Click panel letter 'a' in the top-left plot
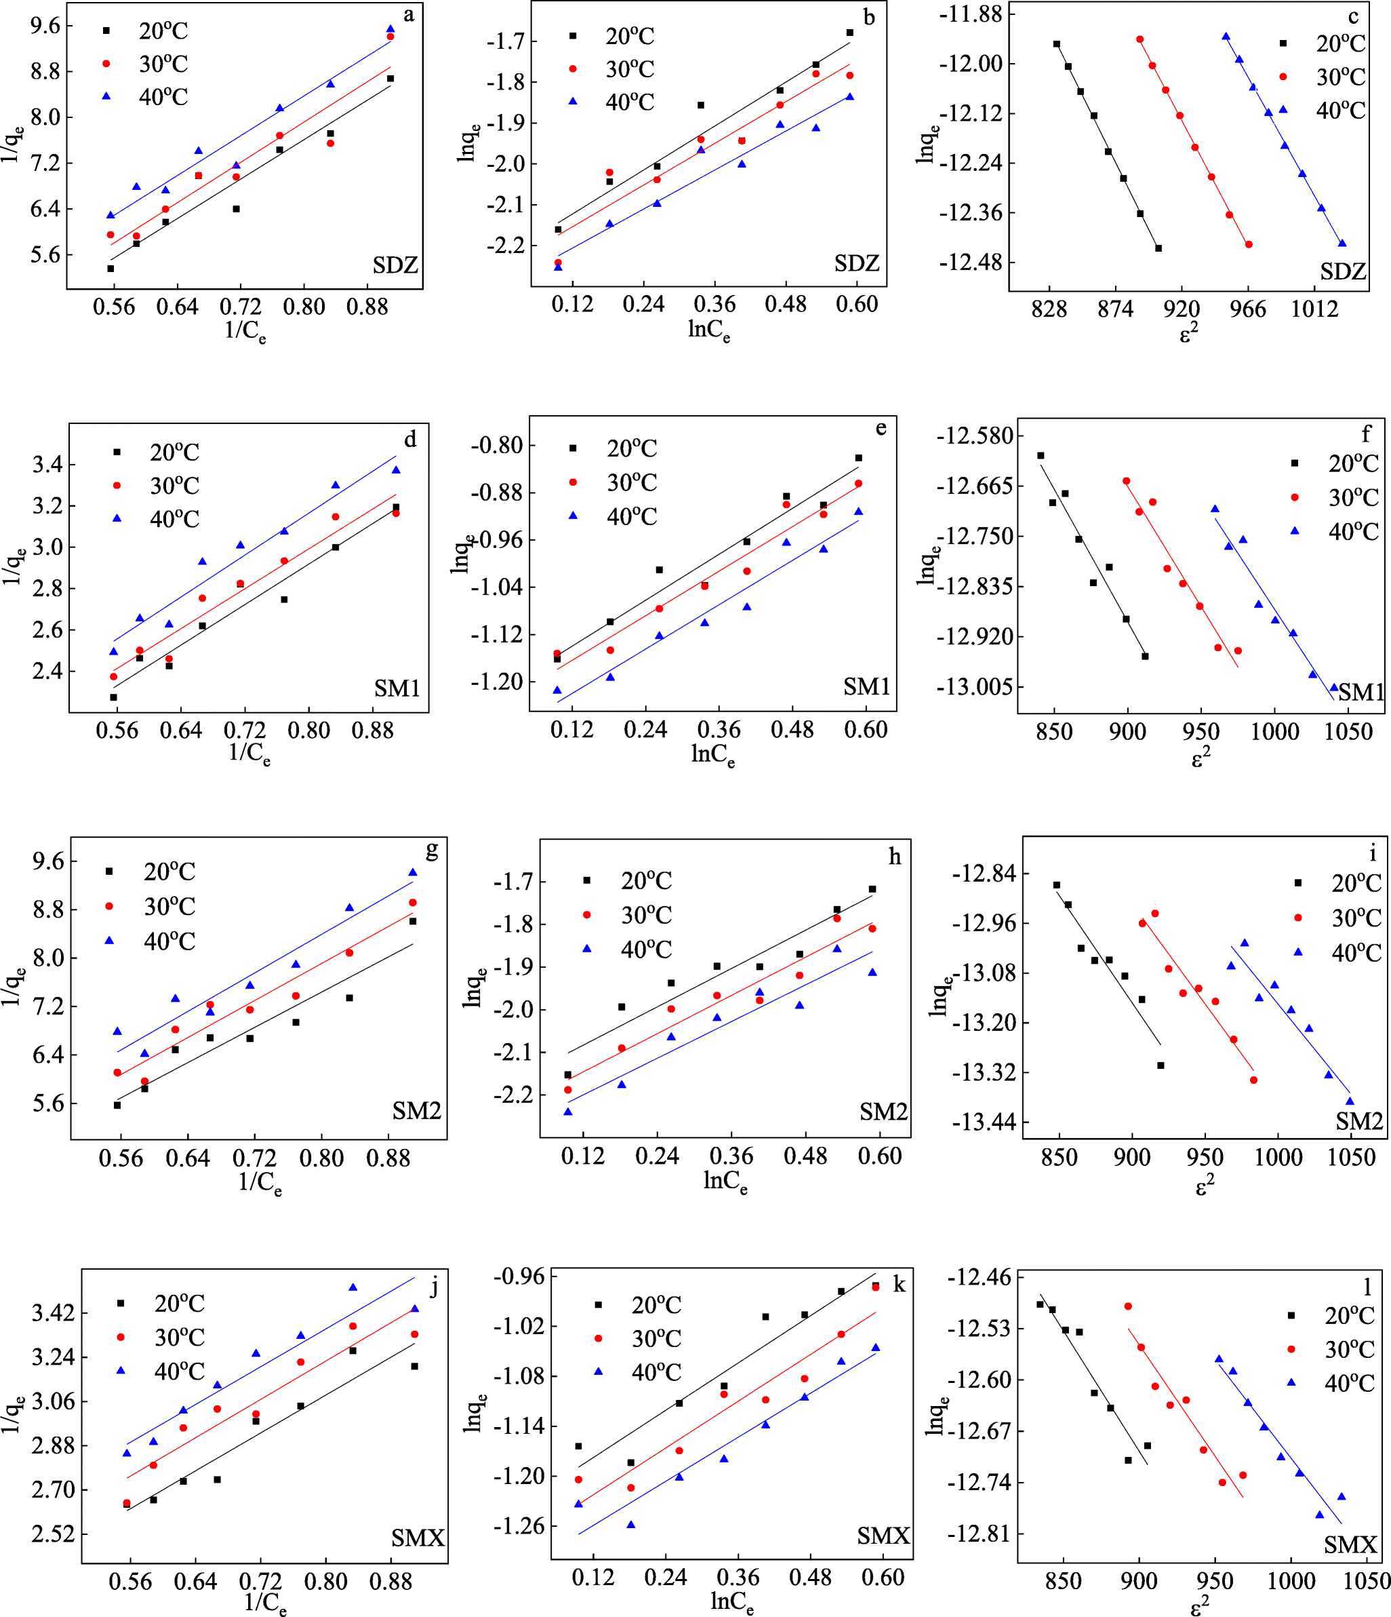(409, 15)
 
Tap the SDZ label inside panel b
(857, 264)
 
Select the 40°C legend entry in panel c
(1339, 110)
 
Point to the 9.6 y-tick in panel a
(45, 26)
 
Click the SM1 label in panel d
(397, 688)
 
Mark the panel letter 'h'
(895, 857)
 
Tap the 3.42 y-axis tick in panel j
(53, 1312)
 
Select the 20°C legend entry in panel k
(656, 1305)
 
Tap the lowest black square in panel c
(1158, 248)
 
